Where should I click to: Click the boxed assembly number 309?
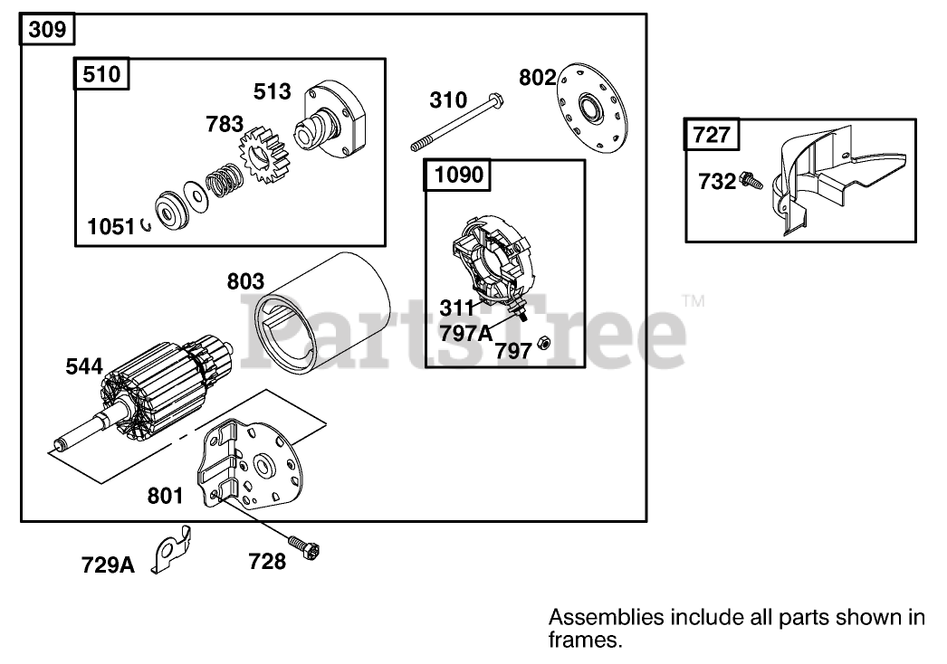click(46, 30)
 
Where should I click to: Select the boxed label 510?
click(100, 74)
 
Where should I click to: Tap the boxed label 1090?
click(459, 175)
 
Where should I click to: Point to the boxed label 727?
click(712, 136)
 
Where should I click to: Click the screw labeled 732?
click(750, 180)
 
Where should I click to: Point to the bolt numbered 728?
click(304, 545)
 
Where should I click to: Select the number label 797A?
click(466, 333)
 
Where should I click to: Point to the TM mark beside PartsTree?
click(693, 300)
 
